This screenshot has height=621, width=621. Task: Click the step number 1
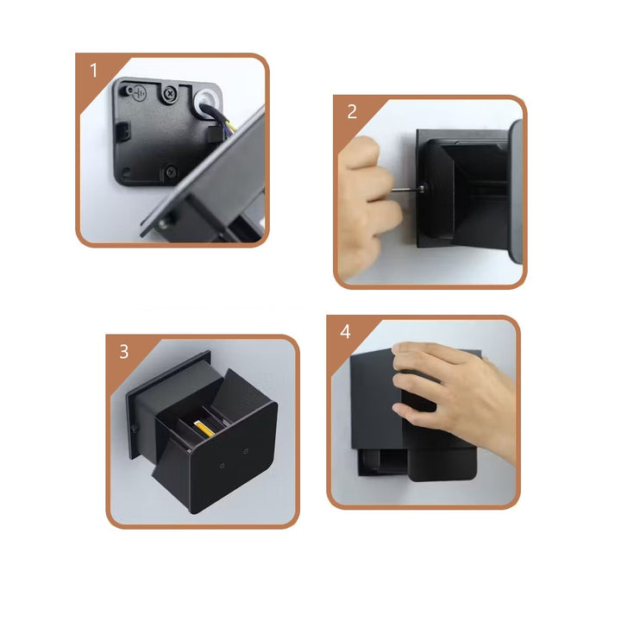click(93, 71)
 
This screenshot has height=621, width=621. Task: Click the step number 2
click(352, 111)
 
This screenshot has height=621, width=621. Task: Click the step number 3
click(124, 352)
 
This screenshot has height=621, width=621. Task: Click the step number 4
click(345, 331)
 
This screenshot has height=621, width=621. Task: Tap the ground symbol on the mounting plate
click(139, 93)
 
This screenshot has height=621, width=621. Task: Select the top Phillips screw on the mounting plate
click(169, 94)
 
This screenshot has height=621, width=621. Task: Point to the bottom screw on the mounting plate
click(171, 172)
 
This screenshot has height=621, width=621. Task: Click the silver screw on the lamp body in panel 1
click(163, 224)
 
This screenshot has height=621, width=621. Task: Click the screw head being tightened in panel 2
click(422, 189)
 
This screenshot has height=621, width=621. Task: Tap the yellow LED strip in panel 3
click(204, 429)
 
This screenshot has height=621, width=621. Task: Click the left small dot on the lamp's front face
click(223, 466)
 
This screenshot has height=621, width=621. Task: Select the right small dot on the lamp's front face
click(246, 451)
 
